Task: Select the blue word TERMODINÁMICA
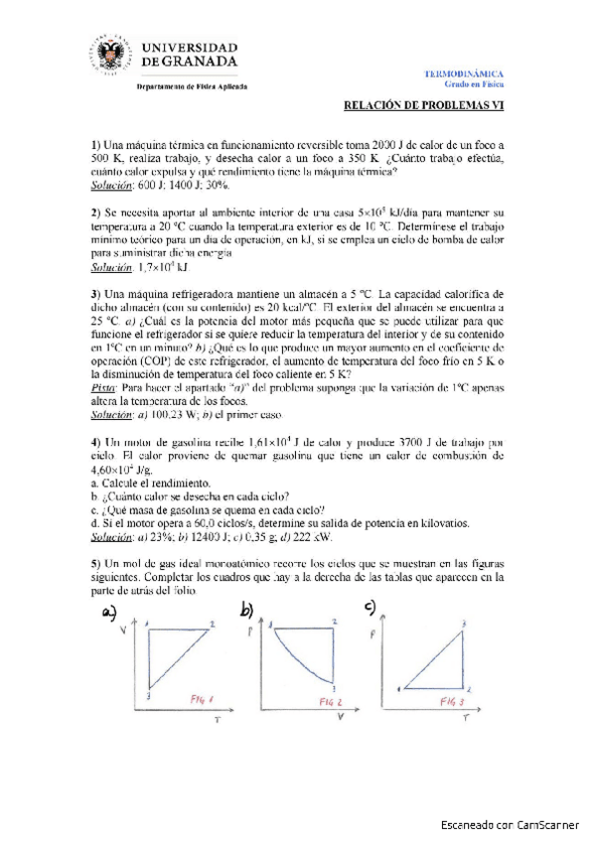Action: pyautogui.click(x=464, y=73)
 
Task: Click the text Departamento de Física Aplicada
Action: pyautogui.click(x=191, y=86)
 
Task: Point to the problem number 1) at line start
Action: pyautogui.click(x=95, y=144)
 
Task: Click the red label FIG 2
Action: pyautogui.click(x=333, y=702)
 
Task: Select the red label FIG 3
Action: pyautogui.click(x=453, y=702)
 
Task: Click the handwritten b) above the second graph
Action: pyautogui.click(x=247, y=610)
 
